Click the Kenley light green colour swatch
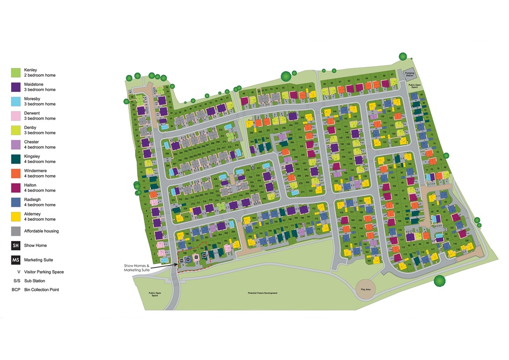tap(16, 73)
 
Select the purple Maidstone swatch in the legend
tap(16, 87)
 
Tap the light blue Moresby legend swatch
tap(16, 101)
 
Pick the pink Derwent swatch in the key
tap(16, 116)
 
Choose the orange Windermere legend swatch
tap(16, 174)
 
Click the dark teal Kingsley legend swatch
tap(16, 159)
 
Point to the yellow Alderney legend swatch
tap(16, 217)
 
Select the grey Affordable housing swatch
tap(16, 231)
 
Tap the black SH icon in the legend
tap(16, 246)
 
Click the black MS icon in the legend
tap(16, 260)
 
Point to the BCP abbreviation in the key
tap(15, 290)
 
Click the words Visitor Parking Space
tap(44, 272)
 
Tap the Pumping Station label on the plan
tap(409, 74)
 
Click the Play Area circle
tap(366, 289)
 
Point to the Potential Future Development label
tap(262, 293)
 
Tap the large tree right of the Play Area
tap(439, 281)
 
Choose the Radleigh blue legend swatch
tap(16, 202)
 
